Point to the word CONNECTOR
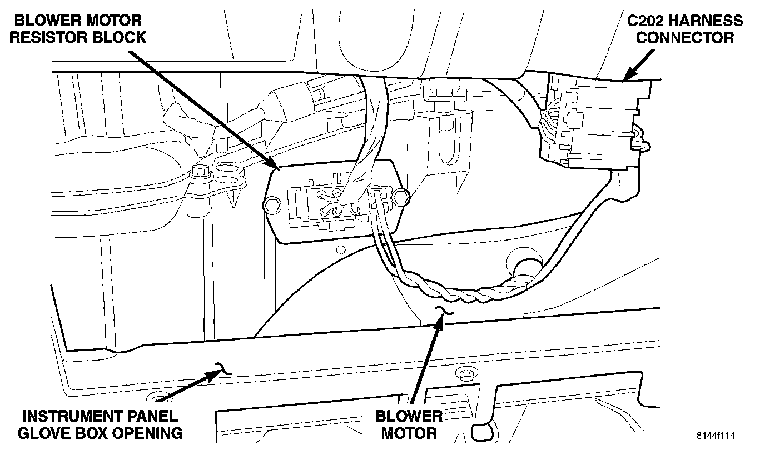point(685,38)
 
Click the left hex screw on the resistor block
point(271,205)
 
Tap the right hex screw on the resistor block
point(401,196)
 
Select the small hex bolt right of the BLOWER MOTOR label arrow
point(465,372)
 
